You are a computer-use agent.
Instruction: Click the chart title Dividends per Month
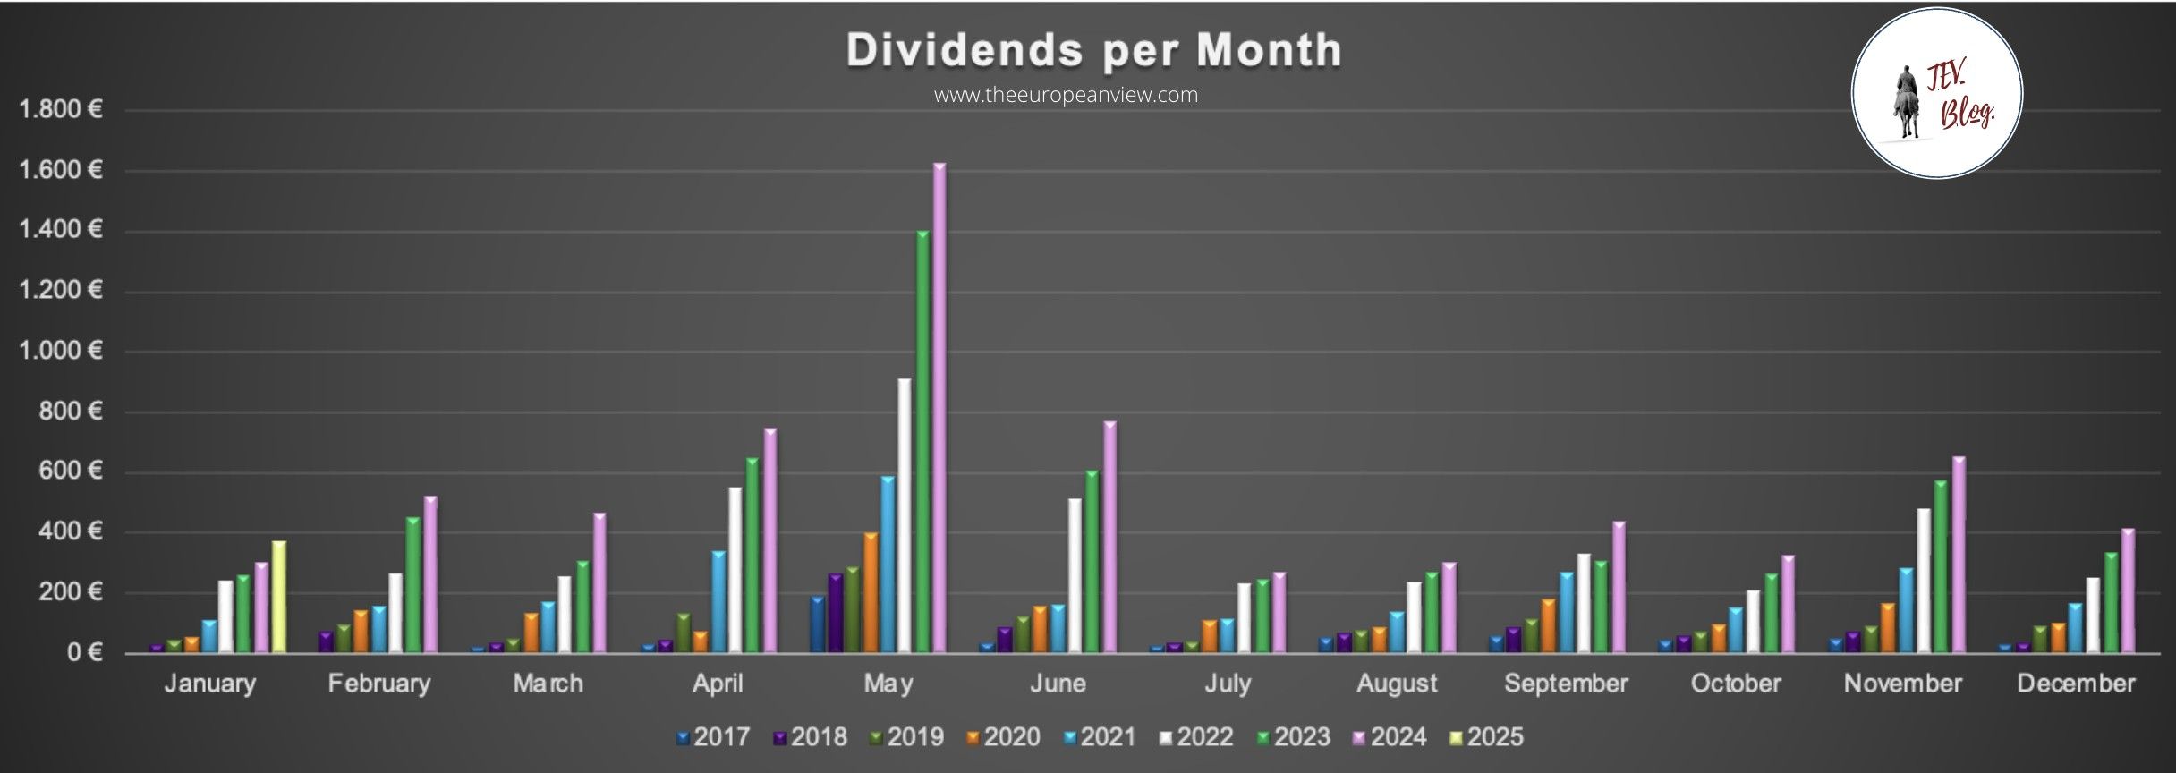coord(1093,50)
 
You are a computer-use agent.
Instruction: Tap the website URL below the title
coord(1066,95)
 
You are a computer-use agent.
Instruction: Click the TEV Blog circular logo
coord(1936,94)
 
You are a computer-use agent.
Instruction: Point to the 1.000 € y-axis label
coord(61,351)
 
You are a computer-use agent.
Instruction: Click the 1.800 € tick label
coord(61,110)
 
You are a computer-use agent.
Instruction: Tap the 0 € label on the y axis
coord(83,652)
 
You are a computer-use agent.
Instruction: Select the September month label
coord(1566,684)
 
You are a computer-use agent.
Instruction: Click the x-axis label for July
coord(1227,684)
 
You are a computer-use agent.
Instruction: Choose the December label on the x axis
coord(2076,684)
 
